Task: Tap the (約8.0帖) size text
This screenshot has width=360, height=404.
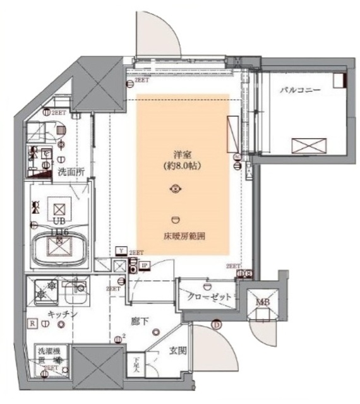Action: pyautogui.click(x=183, y=167)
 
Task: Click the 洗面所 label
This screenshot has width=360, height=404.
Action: pyautogui.click(x=71, y=171)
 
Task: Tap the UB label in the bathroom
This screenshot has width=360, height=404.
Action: pyautogui.click(x=59, y=222)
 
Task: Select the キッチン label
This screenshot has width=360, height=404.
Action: pyautogui.click(x=61, y=314)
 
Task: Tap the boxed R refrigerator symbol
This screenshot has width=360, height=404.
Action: pyautogui.click(x=31, y=323)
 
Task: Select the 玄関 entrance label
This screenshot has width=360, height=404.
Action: pyautogui.click(x=176, y=351)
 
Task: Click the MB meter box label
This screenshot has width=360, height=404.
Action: pyautogui.click(x=261, y=302)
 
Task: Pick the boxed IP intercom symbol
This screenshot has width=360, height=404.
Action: pyautogui.click(x=144, y=265)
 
